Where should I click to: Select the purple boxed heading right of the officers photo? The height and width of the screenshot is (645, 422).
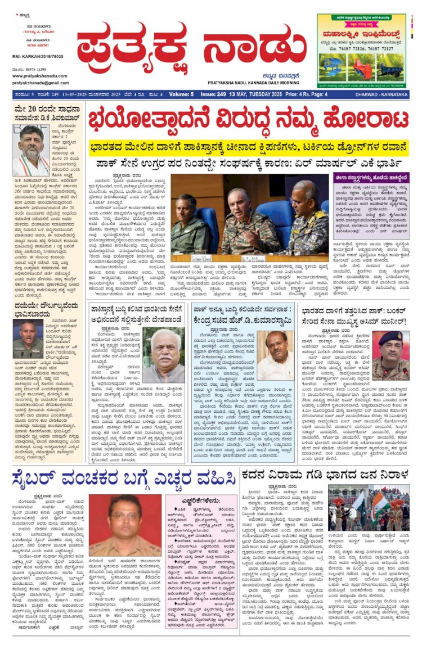click(371, 177)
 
